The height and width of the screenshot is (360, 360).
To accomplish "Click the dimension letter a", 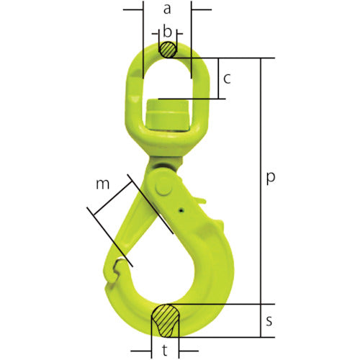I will tap(167, 9).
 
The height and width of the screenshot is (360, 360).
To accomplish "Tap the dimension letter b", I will tap(167, 32).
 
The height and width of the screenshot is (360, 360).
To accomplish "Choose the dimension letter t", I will tap(167, 352).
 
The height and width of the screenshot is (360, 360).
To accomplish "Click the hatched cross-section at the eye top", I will tap(167, 50).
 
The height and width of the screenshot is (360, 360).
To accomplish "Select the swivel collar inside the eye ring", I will tap(167, 115).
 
